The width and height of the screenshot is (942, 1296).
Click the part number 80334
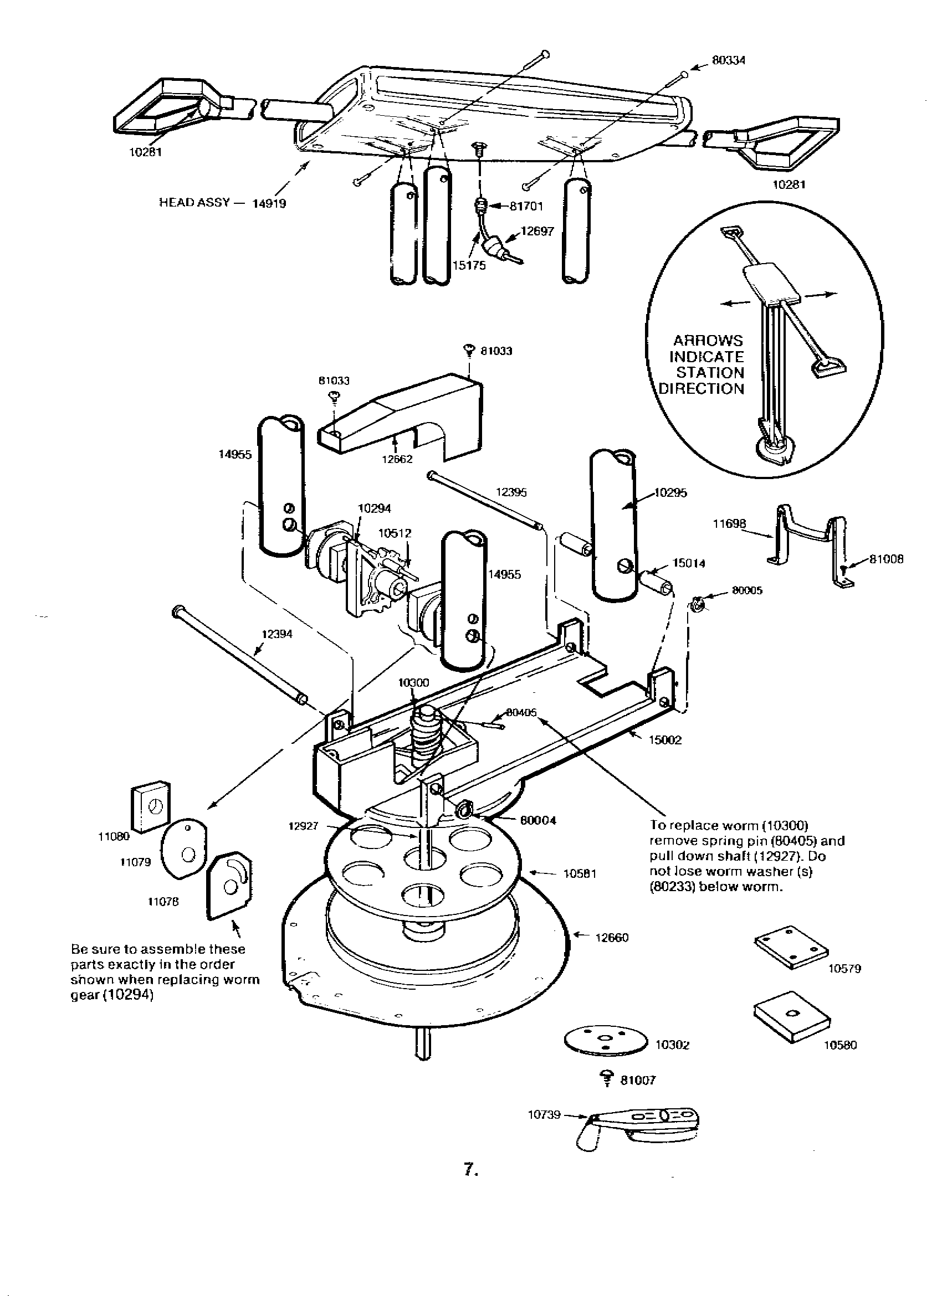click(728, 60)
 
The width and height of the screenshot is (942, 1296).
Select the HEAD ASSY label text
click(194, 202)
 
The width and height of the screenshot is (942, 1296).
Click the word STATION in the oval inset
click(710, 373)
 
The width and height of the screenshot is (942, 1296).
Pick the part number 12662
click(397, 459)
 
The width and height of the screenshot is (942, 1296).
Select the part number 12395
click(511, 492)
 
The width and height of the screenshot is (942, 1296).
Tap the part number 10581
click(580, 874)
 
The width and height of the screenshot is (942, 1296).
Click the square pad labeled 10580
click(792, 1016)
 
